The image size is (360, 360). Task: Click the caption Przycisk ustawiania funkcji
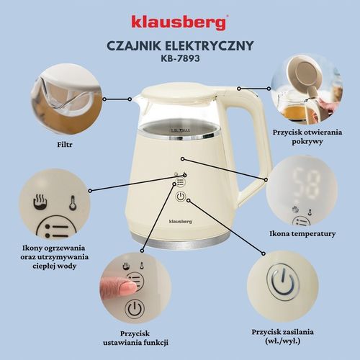tap(131, 337)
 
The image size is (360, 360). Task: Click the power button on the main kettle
tap(181, 197)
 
